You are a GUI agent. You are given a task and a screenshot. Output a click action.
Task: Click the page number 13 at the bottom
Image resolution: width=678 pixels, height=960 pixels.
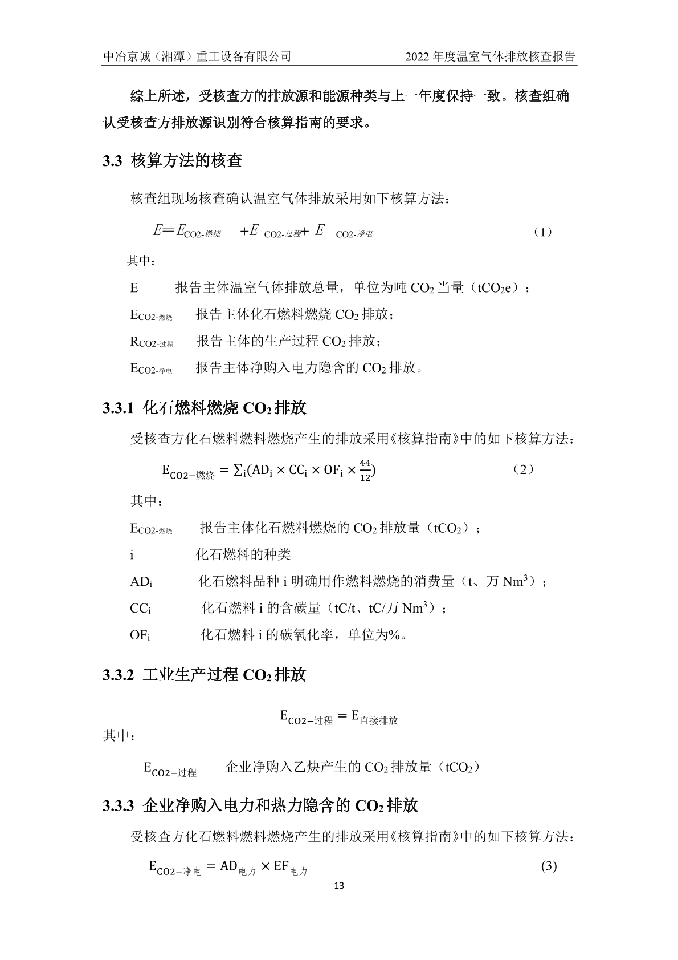click(339, 886)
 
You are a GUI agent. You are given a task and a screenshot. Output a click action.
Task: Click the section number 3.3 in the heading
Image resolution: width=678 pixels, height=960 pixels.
click(112, 161)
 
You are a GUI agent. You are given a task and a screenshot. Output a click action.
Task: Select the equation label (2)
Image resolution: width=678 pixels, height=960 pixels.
click(522, 469)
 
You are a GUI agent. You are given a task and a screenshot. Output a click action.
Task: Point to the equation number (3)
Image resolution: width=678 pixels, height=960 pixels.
click(548, 866)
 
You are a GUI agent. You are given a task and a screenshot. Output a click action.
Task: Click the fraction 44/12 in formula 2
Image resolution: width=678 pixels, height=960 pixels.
click(365, 471)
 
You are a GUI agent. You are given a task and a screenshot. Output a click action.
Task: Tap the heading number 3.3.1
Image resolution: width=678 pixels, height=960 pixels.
click(118, 408)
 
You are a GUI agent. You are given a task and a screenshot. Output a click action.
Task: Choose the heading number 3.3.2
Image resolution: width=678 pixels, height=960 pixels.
click(118, 675)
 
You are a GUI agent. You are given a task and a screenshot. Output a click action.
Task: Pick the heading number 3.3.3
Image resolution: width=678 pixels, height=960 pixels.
click(118, 806)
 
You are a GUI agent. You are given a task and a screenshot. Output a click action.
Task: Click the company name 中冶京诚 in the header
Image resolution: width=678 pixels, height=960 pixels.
click(123, 57)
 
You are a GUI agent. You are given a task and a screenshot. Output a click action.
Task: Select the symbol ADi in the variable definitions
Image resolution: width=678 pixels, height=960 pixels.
click(141, 582)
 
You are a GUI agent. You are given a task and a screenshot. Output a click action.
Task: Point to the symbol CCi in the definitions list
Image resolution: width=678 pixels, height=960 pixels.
click(140, 609)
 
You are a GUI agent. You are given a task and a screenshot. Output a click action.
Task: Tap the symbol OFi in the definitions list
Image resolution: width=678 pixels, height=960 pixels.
click(140, 635)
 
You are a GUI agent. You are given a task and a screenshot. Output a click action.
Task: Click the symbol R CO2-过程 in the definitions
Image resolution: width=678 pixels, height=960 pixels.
click(151, 342)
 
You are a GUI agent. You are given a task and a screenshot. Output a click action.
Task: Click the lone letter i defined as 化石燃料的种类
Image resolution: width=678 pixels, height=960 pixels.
click(132, 555)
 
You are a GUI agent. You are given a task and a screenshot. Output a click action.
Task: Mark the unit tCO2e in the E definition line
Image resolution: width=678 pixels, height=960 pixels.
click(498, 288)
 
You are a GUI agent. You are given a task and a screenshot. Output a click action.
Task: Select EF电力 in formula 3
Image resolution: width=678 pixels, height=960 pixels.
click(290, 868)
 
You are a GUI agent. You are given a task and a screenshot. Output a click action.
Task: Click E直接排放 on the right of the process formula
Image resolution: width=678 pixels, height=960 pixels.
click(374, 717)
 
